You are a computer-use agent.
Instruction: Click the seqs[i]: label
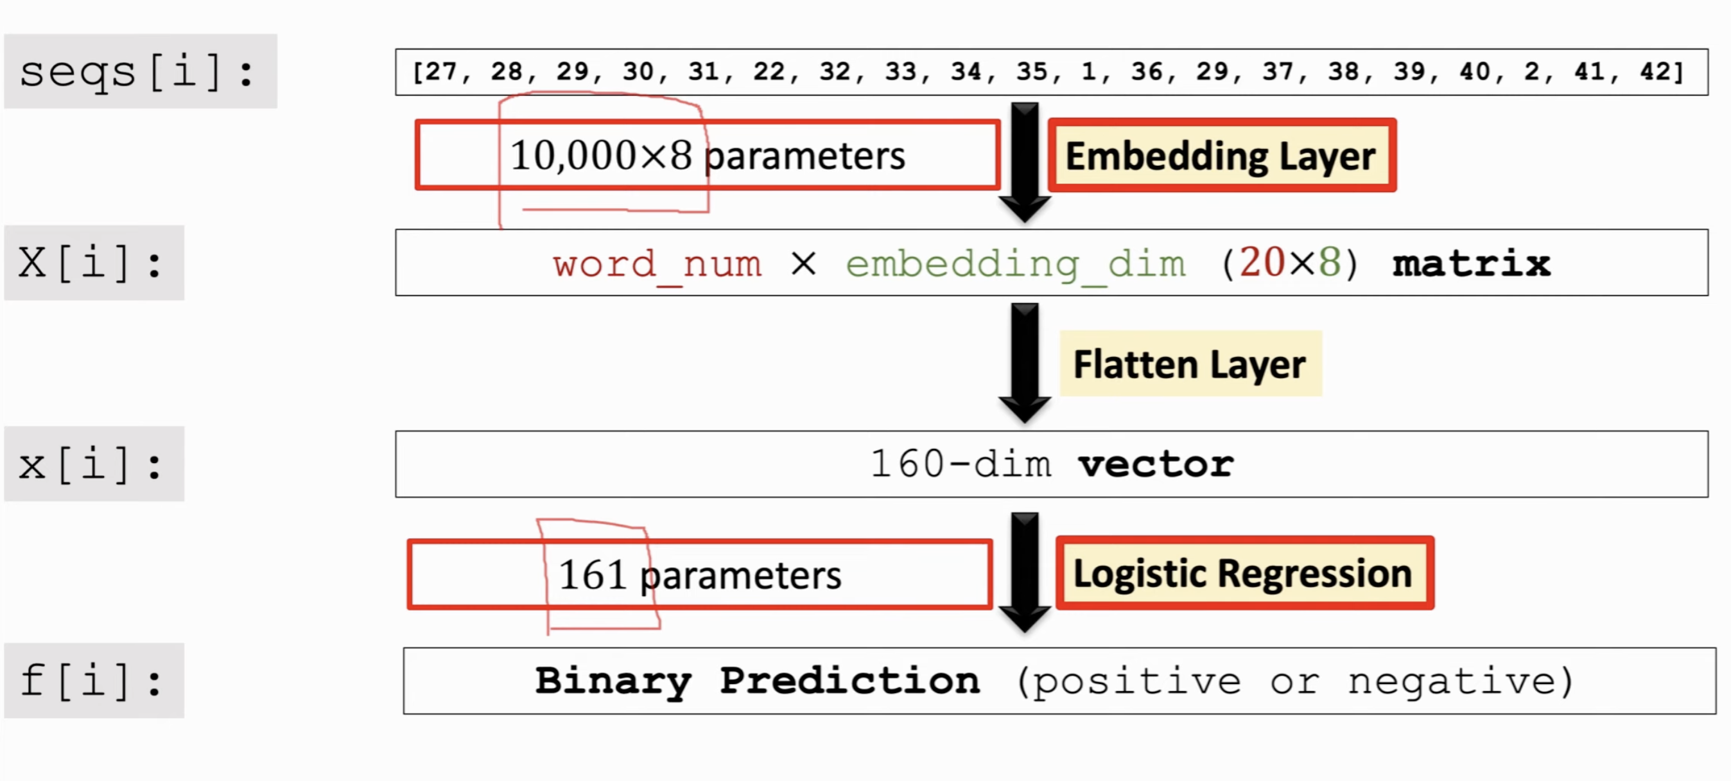click(141, 71)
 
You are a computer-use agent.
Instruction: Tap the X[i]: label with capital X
click(94, 263)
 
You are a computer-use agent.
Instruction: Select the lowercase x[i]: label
click(94, 464)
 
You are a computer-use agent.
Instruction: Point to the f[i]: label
click(94, 681)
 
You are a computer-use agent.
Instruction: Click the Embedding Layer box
click(1222, 156)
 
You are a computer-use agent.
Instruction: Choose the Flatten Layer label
click(1190, 364)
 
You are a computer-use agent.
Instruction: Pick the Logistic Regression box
click(1244, 574)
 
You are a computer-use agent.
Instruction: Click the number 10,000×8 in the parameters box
click(601, 155)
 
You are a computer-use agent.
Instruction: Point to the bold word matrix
click(1472, 263)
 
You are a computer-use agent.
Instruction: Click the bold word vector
click(1156, 464)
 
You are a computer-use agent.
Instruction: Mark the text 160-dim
click(961, 464)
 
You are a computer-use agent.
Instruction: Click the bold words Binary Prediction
click(758, 681)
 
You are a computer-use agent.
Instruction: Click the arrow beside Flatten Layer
click(1025, 363)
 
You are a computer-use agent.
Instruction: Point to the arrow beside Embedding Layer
click(1025, 162)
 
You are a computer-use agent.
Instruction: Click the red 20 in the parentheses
click(1262, 262)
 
